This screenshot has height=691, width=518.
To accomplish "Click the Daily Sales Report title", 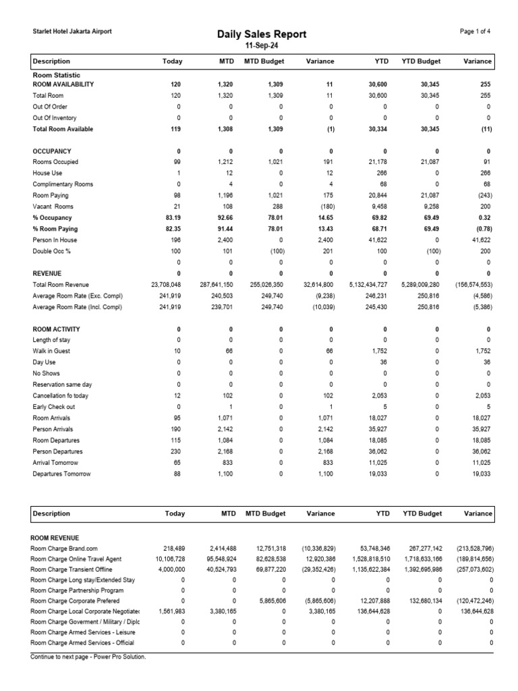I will coord(262,34).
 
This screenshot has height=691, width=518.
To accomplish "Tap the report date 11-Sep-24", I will coord(262,46).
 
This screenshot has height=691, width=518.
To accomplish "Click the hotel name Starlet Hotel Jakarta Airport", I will coord(72,32).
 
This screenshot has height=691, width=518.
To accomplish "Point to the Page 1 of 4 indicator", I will coord(475,32).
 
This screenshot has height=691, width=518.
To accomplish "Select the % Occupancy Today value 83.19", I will coord(173,218).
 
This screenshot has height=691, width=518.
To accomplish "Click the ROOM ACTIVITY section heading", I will coord(56,329).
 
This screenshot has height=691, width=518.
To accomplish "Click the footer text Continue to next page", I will coord(88,656).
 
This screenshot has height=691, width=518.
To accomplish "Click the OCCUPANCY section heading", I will coord(52,151).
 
